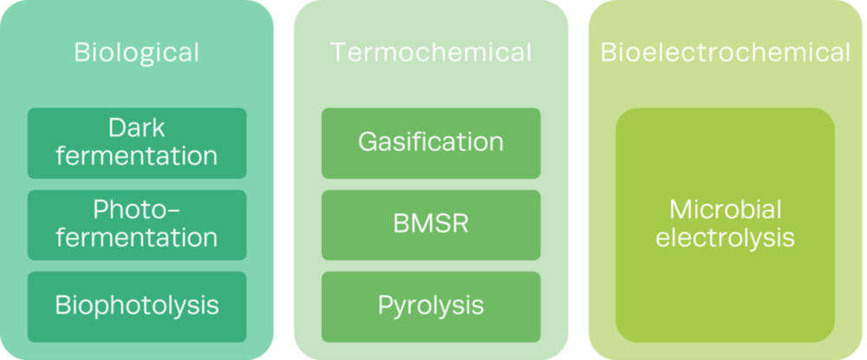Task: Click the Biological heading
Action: [137, 52]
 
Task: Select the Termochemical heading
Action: [431, 52]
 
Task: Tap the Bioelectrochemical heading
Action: [726, 52]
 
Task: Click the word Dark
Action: [137, 128]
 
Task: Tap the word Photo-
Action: [137, 210]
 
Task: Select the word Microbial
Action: [725, 210]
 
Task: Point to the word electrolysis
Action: [725, 238]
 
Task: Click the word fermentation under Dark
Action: [137, 156]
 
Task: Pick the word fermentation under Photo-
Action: [137, 237]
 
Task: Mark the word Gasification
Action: [431, 141]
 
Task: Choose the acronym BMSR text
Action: [431, 223]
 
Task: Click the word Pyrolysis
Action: [431, 305]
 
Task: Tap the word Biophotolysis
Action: [137, 305]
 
